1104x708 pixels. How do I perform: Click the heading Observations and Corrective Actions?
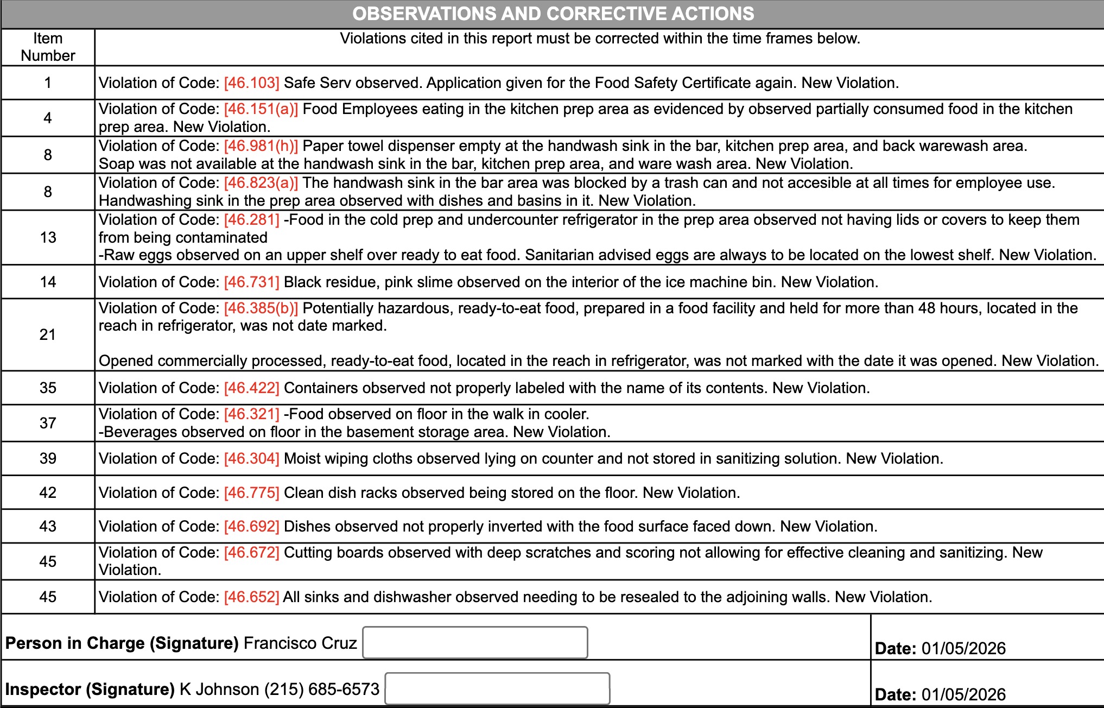553,14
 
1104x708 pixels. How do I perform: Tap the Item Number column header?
48,47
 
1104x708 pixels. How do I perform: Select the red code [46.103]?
251,83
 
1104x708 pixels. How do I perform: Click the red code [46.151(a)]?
261,109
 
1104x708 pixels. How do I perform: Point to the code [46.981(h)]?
261,146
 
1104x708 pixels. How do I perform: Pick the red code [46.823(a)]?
261,183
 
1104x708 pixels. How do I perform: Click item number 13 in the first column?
48,237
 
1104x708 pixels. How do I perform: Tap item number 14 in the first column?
48,282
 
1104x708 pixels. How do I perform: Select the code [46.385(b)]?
261,308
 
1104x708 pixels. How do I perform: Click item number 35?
48,388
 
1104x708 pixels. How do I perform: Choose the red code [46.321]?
251,414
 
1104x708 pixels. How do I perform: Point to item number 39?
48,458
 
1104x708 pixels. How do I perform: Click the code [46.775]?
251,492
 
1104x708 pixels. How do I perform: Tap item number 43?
48,526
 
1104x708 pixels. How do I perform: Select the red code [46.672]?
251,553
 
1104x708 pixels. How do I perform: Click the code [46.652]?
251,597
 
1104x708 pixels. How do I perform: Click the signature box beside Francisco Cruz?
475,642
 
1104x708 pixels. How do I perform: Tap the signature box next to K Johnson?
497,688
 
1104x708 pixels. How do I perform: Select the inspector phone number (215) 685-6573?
322,689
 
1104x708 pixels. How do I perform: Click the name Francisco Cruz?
300,643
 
